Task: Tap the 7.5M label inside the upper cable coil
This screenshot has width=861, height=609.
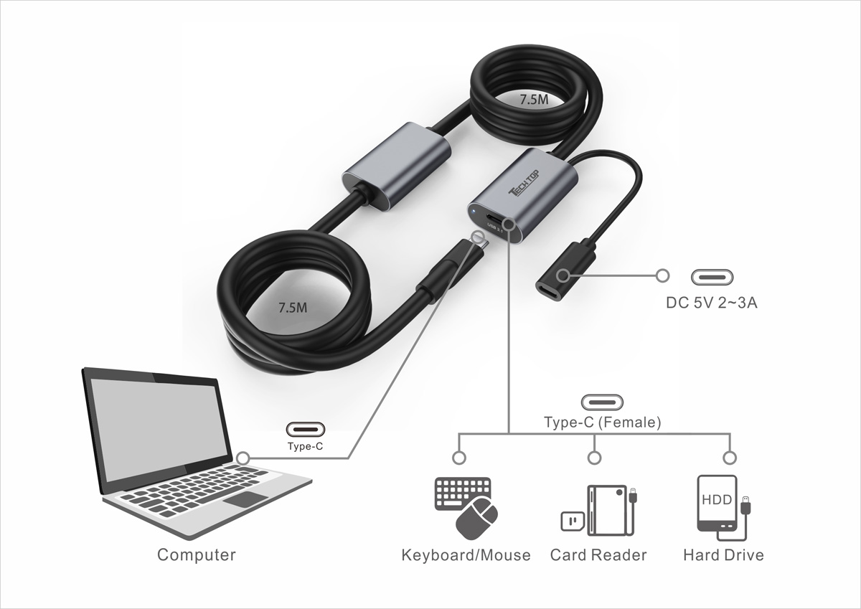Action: (x=534, y=100)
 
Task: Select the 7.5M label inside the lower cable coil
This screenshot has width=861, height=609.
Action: (x=293, y=308)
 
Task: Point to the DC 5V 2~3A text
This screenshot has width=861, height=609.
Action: (x=712, y=303)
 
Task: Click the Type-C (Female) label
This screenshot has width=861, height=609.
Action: (x=603, y=422)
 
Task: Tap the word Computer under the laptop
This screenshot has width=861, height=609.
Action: (x=197, y=554)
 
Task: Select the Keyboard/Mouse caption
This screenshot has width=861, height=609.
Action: (x=466, y=555)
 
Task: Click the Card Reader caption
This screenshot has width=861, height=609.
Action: (x=598, y=555)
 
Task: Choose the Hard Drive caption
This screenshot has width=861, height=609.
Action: (x=723, y=555)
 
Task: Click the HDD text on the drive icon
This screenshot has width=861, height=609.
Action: (x=717, y=499)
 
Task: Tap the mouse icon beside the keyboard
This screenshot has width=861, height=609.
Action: (x=476, y=519)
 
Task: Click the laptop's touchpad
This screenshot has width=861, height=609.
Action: (x=245, y=499)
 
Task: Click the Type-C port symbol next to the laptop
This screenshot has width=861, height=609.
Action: (x=305, y=429)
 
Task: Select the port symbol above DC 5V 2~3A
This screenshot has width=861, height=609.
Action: (x=712, y=278)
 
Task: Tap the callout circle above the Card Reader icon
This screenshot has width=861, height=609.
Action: (x=595, y=458)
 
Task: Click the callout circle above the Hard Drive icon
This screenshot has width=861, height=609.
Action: (x=730, y=458)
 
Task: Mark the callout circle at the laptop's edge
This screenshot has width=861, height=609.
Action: (x=243, y=458)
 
